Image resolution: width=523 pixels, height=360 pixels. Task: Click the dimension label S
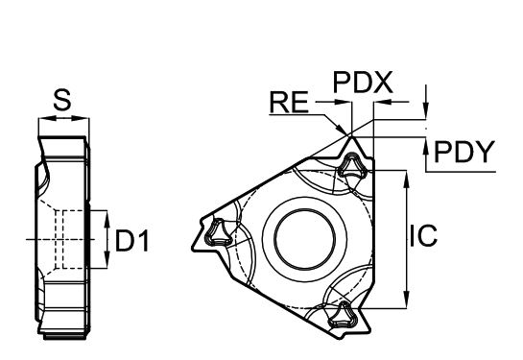(x=62, y=101)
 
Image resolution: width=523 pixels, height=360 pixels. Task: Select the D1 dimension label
(x=132, y=240)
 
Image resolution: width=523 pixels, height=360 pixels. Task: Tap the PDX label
(x=363, y=82)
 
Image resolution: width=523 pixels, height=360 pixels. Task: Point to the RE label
(x=289, y=103)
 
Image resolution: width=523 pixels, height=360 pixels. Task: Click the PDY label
(x=464, y=152)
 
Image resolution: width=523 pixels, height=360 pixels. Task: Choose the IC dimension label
(x=423, y=236)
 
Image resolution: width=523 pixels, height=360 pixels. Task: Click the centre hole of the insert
(x=304, y=238)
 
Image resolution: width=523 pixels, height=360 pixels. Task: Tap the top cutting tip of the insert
(x=350, y=136)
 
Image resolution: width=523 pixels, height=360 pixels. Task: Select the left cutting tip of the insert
(x=193, y=248)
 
